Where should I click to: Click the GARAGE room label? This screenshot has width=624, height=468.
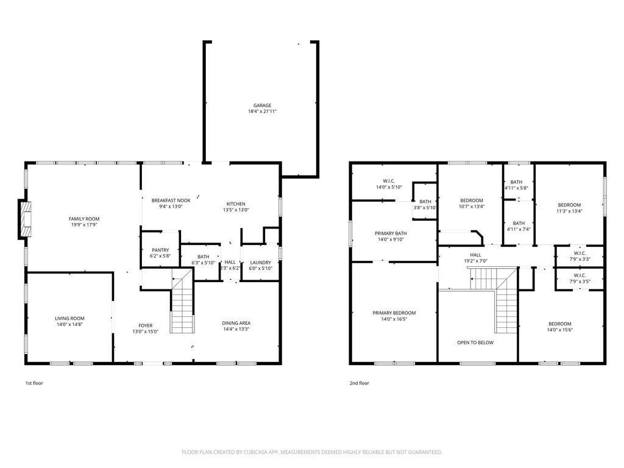262,105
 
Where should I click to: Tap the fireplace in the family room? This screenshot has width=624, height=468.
24,219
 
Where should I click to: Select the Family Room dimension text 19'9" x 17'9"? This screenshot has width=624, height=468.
84,225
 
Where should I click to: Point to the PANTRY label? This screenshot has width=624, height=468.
160,250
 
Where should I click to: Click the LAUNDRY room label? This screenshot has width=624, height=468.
261,263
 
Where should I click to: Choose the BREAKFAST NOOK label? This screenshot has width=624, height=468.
171,200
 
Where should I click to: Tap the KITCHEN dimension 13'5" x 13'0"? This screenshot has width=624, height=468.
236,210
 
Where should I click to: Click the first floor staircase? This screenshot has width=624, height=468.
183,301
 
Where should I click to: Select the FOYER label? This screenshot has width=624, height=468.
146,325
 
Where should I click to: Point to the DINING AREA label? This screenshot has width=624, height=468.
236,323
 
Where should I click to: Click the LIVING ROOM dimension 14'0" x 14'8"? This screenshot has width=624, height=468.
69,324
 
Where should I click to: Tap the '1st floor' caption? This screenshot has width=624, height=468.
34,383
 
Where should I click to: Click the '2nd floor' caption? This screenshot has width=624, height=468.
360,383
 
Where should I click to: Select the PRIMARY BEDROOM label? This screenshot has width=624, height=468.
394,313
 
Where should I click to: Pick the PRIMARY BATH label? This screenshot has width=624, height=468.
391,233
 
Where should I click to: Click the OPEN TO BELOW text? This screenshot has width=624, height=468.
475,342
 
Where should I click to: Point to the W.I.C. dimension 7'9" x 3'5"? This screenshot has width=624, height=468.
580,282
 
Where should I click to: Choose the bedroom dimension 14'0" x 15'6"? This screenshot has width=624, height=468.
560,330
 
